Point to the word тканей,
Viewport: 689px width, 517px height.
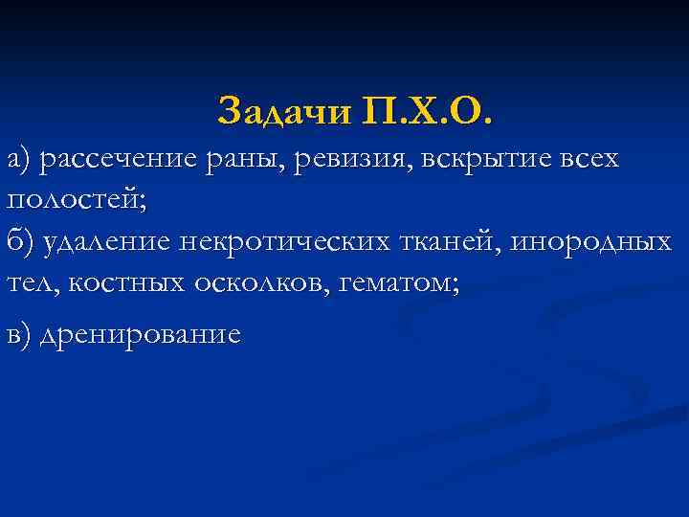(447, 242)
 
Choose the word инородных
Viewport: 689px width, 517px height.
(590, 242)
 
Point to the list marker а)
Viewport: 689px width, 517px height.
(18, 159)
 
